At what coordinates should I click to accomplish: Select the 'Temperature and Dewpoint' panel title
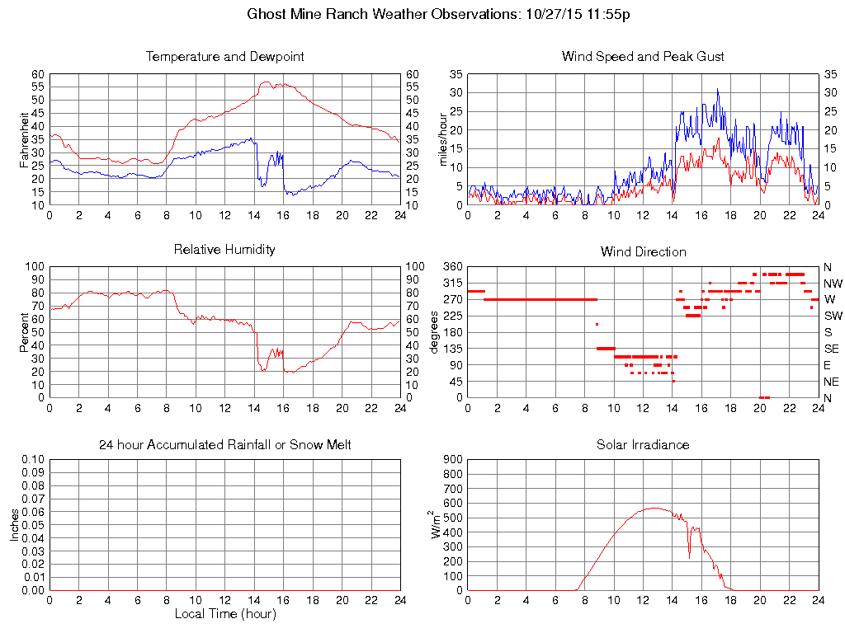(224, 57)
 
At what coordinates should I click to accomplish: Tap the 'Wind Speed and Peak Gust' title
(643, 57)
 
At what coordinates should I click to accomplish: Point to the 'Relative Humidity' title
(224, 249)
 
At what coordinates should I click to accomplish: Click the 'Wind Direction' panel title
(643, 251)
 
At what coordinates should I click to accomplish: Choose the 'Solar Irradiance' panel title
(643, 444)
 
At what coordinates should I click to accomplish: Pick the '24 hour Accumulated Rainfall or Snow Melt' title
(224, 444)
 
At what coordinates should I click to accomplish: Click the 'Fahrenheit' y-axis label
(24, 139)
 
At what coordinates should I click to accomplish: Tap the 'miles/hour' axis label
(442, 139)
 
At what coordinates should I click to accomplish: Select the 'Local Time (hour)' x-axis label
(224, 614)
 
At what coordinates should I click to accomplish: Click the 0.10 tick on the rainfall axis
(33, 459)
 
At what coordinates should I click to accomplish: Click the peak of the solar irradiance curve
(654, 508)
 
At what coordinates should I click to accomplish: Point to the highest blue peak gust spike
(717, 89)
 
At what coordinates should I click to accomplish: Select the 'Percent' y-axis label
(24, 332)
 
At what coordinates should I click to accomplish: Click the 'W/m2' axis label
(435, 524)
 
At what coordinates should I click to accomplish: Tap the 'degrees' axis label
(435, 332)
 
